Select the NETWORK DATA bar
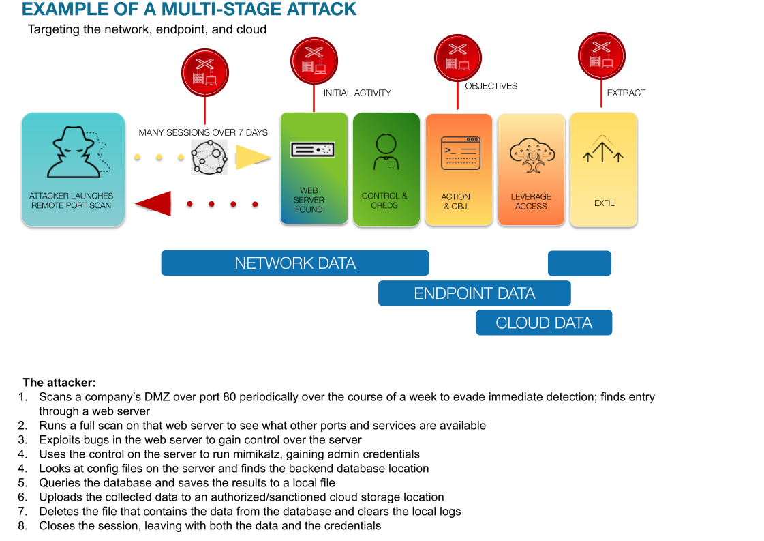[294, 263]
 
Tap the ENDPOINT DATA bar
[474, 293]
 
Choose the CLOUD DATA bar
[543, 323]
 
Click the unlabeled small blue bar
[579, 263]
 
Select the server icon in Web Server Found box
[311, 149]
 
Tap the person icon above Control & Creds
[385, 151]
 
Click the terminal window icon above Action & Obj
[461, 153]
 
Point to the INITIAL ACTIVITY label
[357, 93]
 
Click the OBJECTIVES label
[491, 86]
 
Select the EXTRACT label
[626, 93]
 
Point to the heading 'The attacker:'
[59, 382]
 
